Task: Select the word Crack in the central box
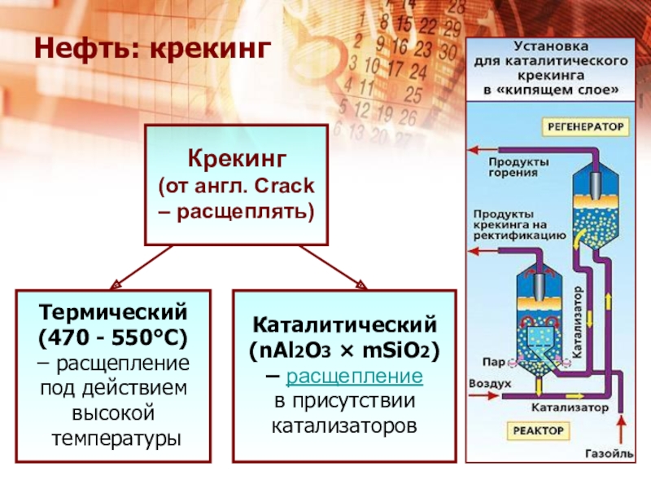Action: click(284, 187)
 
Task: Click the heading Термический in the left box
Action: click(113, 311)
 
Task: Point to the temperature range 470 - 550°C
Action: click(113, 336)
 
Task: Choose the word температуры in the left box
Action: click(113, 438)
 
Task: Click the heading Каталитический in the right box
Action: click(344, 325)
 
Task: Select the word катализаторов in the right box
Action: click(344, 426)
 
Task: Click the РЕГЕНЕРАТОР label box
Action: click(585, 128)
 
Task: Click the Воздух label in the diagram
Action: click(490, 382)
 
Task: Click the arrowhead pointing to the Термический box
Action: click(114, 283)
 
